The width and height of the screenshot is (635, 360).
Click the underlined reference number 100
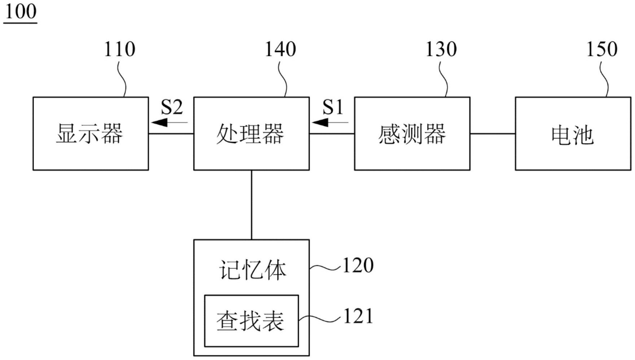click(21, 12)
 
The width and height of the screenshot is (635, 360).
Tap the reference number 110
click(119, 49)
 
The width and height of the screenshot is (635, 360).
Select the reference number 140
click(280, 49)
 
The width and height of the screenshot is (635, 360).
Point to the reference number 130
click(441, 49)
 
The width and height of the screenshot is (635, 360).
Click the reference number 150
click(601, 49)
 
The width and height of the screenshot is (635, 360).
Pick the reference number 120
click(358, 265)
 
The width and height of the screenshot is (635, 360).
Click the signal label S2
click(172, 107)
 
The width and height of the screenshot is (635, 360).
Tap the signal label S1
click(332, 107)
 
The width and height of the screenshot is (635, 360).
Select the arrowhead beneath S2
click(160, 122)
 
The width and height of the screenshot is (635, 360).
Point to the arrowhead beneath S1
click(320, 122)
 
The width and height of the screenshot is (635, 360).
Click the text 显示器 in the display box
click(90, 134)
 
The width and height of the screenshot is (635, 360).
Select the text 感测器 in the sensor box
click(412, 134)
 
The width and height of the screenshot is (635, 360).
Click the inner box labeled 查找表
click(251, 321)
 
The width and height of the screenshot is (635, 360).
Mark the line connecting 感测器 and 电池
click(492, 134)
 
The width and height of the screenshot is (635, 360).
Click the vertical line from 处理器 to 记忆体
click(252, 204)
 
